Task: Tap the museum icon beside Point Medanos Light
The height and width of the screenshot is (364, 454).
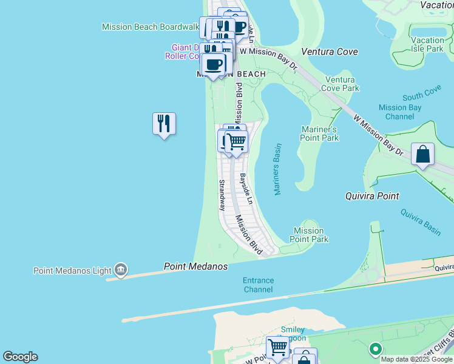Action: (x=121, y=269)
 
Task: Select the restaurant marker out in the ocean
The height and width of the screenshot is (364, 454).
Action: (x=164, y=124)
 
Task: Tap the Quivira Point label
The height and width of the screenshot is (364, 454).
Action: (x=372, y=196)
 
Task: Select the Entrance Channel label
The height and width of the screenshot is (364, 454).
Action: (x=259, y=285)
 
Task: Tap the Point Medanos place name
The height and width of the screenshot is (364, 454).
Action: (x=195, y=266)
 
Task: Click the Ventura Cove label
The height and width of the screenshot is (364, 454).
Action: (x=330, y=52)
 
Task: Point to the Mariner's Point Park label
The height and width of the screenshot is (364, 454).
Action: (x=319, y=133)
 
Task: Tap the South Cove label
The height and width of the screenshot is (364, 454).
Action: (x=422, y=93)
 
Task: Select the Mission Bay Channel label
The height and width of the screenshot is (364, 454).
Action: (x=400, y=112)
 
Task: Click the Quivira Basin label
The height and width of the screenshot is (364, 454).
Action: (x=420, y=221)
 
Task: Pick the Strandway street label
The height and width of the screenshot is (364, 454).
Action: (x=222, y=194)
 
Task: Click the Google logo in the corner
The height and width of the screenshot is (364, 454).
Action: (x=20, y=357)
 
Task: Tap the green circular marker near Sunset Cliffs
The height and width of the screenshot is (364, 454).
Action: (x=375, y=349)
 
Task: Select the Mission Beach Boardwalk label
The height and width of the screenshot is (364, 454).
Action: (x=151, y=27)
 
